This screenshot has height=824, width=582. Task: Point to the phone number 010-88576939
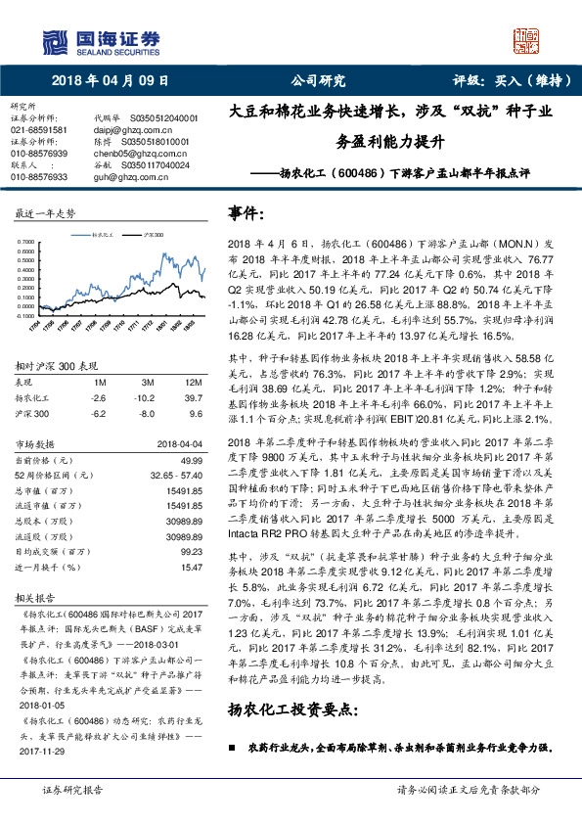pos(38,154)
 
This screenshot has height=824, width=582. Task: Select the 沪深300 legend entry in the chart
pos(153,235)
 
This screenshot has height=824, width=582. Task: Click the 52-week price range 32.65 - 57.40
pos(176,445)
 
